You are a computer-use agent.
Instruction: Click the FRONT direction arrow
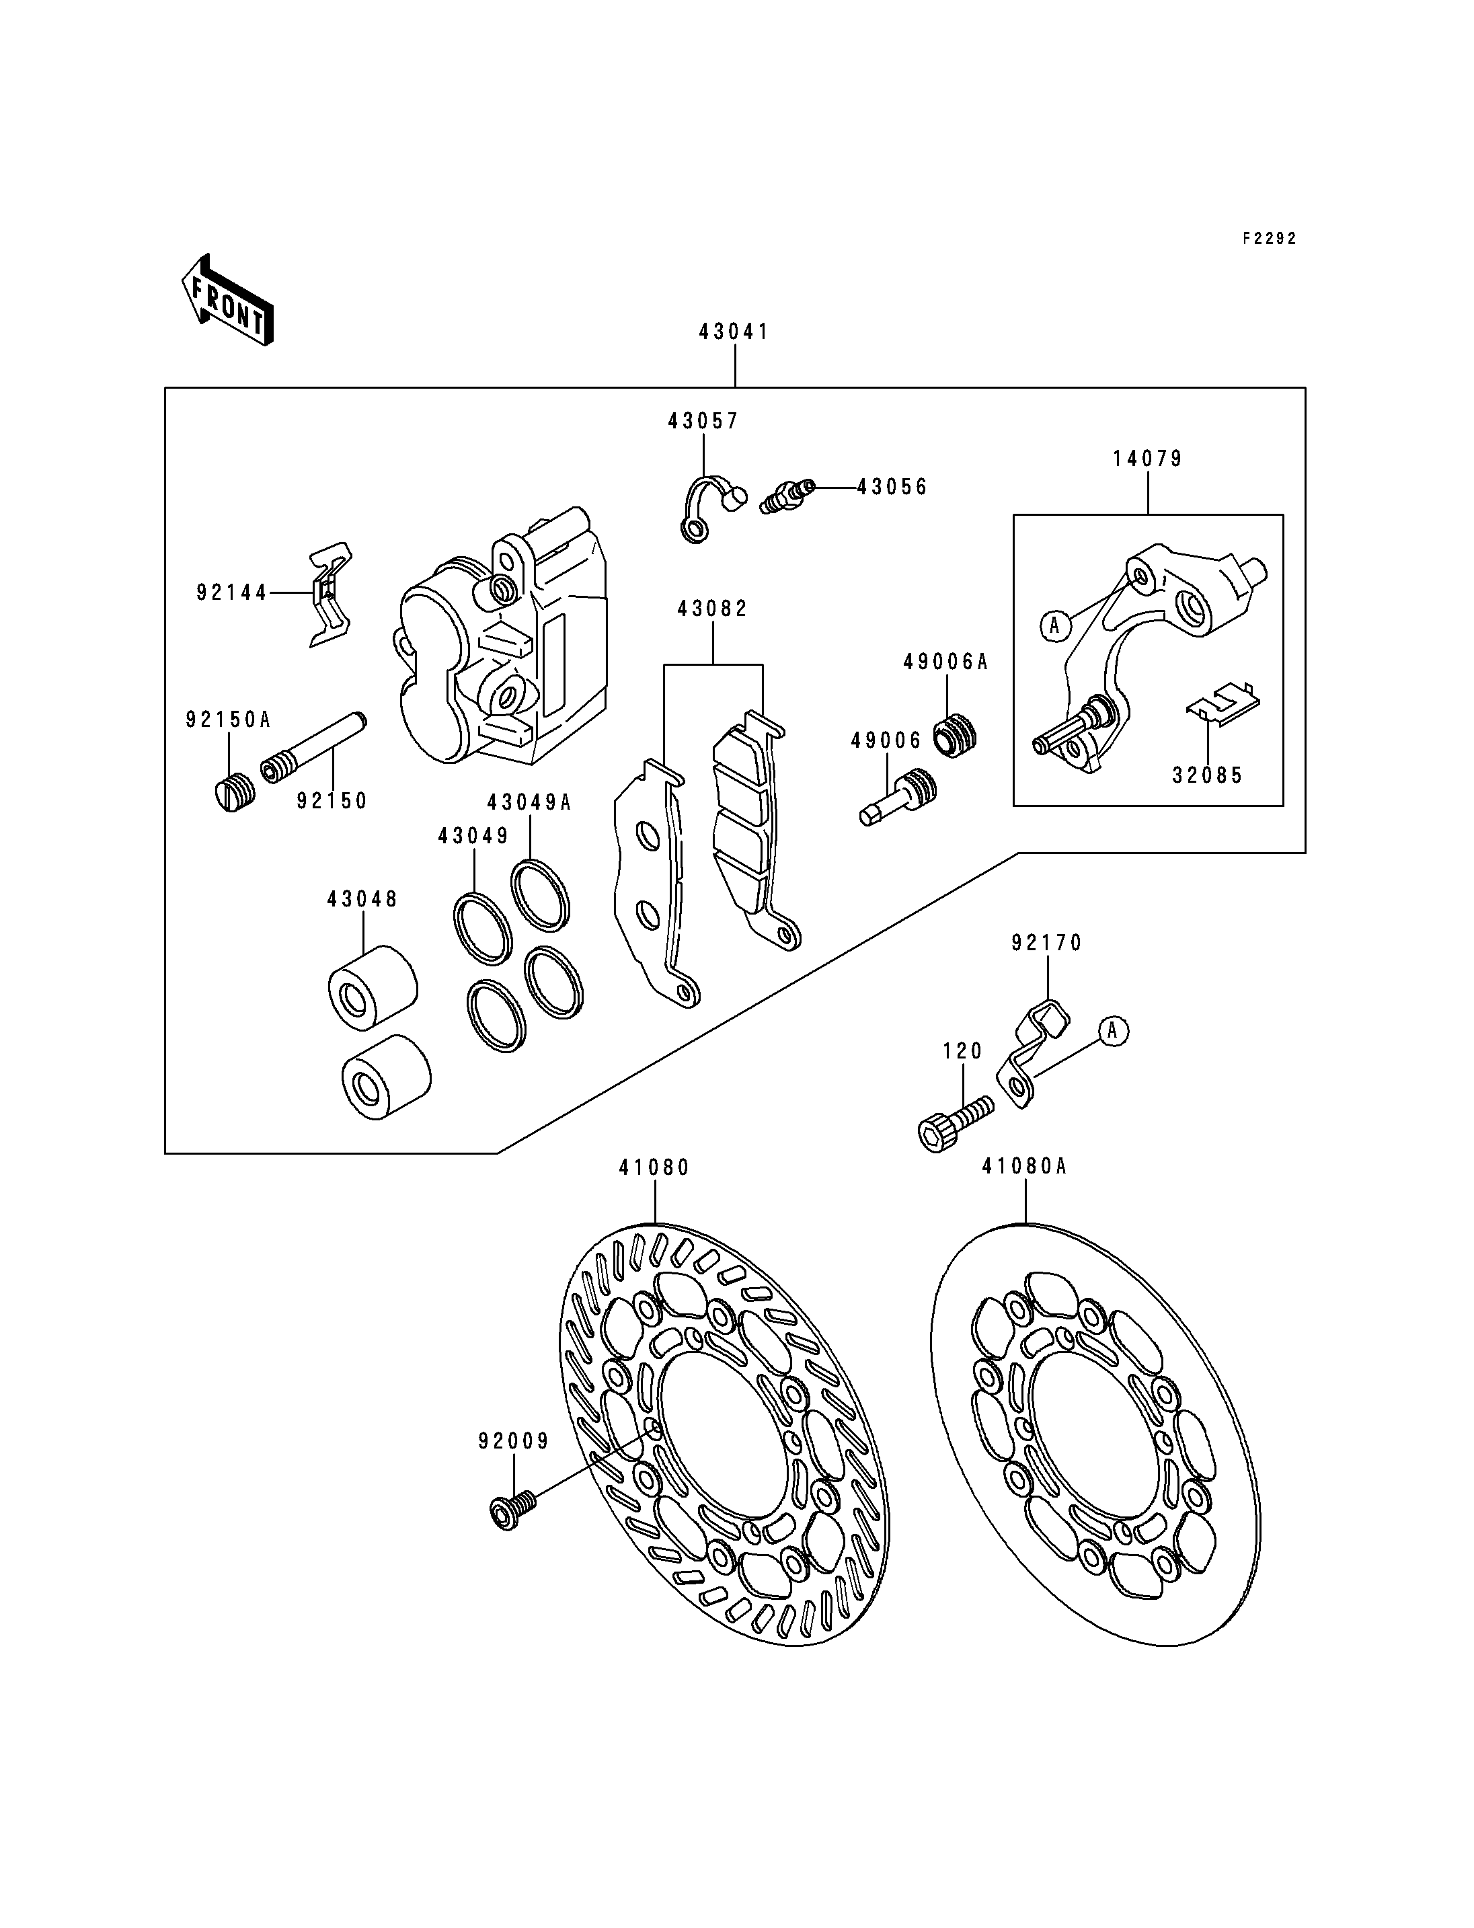coord(227,300)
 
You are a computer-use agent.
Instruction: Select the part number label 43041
coord(734,332)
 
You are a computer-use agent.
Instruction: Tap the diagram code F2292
coord(1269,239)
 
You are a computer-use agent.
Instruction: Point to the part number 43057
coord(703,421)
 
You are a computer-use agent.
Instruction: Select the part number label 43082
coord(712,609)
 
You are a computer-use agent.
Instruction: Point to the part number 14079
coord(1148,459)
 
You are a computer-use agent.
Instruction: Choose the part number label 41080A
coord(1024,1166)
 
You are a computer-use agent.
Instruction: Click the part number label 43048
coord(362,900)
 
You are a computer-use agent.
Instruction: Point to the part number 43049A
coord(529,802)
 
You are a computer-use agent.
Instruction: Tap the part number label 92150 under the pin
coord(332,801)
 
